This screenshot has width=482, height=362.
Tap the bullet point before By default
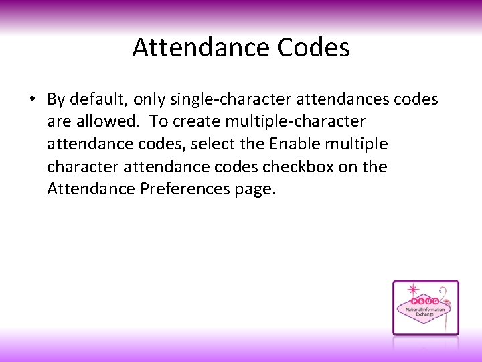point(31,100)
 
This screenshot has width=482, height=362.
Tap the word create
point(198,122)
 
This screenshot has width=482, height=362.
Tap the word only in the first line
point(148,100)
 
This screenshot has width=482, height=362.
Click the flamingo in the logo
point(446,302)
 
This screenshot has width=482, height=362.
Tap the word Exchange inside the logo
point(424,315)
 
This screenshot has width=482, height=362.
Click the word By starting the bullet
point(56,100)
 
